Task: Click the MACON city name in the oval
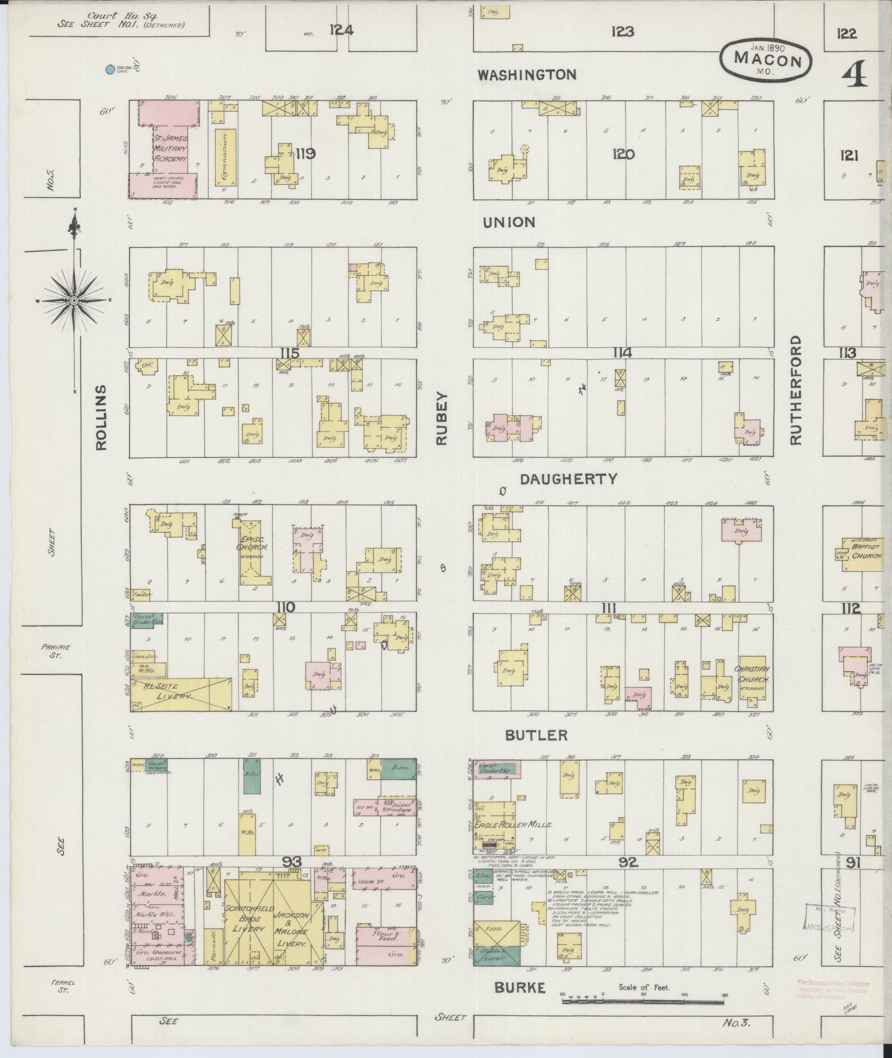coord(768,60)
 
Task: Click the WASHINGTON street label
coord(527,74)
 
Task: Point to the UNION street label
coord(509,222)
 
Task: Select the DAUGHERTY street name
coord(568,480)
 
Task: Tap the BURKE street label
coord(520,987)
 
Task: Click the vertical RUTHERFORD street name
coord(795,390)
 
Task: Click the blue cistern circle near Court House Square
coord(110,70)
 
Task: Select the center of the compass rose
coord(73,300)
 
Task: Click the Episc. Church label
coord(252,543)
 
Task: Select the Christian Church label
coord(752,674)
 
